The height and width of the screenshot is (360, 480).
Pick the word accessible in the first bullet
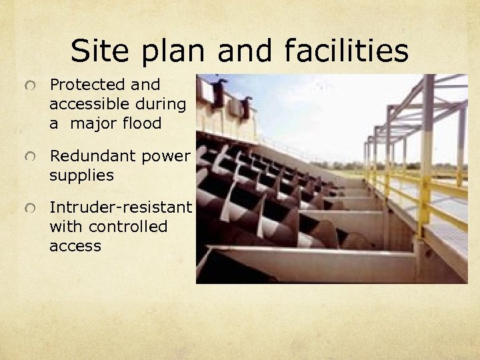(89, 104)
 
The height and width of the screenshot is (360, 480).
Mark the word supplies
(81, 176)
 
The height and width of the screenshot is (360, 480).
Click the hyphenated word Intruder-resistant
(121, 207)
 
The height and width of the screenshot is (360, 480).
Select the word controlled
(127, 227)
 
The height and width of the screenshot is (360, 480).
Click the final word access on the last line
(75, 246)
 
